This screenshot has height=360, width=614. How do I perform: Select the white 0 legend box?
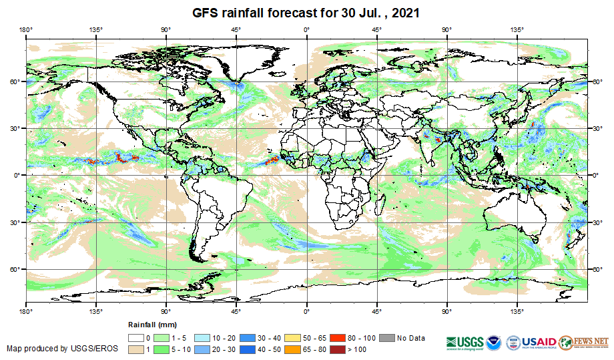(137, 338)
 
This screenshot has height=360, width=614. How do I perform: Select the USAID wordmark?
(539, 341)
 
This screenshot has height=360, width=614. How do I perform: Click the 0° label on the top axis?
(306, 30)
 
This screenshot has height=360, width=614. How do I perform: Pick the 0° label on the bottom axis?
(306, 311)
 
